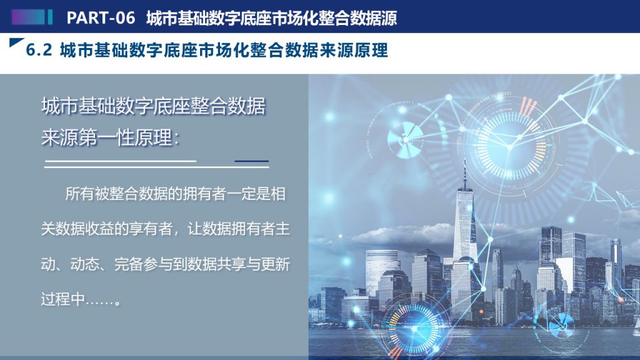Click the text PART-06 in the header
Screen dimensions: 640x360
point(101,17)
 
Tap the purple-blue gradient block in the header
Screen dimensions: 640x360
point(27,17)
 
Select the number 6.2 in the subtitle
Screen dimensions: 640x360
point(39,50)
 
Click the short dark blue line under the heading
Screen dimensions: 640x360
point(251,161)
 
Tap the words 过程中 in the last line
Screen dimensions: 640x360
point(62,299)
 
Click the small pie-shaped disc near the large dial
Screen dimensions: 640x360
point(404,140)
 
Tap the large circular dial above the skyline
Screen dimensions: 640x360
point(509,146)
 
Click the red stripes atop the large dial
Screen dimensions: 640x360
point(527,107)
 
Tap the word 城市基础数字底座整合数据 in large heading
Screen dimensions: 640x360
point(153,106)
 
